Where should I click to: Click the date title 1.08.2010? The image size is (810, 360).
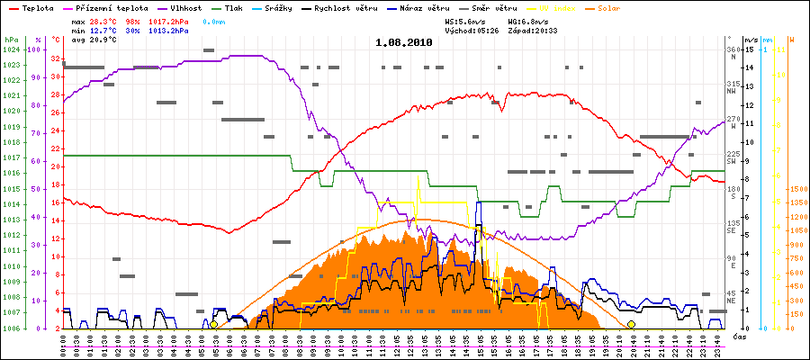(x=403, y=42)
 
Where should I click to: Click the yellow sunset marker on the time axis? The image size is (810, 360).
(x=631, y=325)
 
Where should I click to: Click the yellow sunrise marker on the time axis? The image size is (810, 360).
(x=213, y=325)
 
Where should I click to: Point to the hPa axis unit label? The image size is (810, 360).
(x=10, y=40)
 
